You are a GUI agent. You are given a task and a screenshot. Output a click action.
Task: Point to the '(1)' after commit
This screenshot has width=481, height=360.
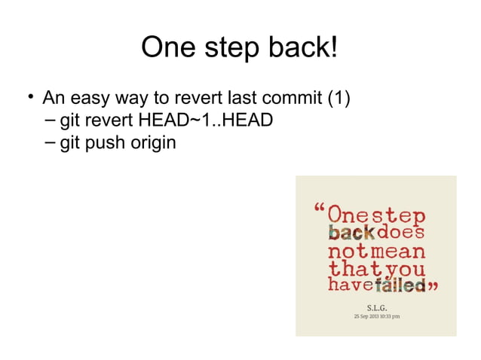338,99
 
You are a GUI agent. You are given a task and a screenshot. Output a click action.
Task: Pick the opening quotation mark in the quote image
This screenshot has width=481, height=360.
320,208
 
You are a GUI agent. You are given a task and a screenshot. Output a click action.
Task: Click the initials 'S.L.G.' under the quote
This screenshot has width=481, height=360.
376,307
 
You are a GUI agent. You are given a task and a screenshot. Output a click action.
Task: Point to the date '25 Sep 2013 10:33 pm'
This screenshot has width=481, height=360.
376,316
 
